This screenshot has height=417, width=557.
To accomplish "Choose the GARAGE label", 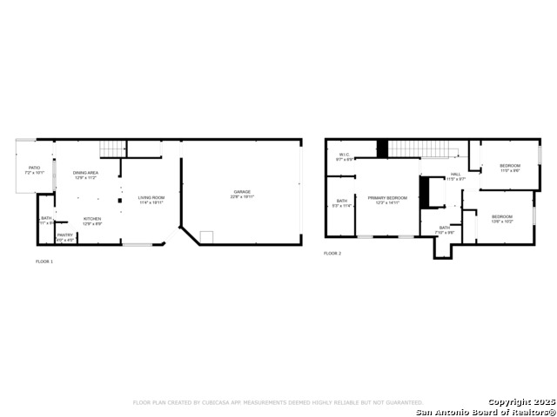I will click(x=241, y=194).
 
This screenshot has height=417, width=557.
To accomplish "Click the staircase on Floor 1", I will click(x=112, y=149).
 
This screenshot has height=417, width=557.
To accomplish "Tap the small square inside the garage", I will click(x=207, y=235).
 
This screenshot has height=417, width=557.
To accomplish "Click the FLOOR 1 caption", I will click(x=44, y=261).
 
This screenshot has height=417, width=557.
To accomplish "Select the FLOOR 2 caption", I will click(x=332, y=254).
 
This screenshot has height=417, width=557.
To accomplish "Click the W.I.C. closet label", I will click(x=345, y=157).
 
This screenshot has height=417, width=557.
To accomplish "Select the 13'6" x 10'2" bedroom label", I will click(x=502, y=218).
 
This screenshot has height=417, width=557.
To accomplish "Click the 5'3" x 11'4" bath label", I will click(x=342, y=203).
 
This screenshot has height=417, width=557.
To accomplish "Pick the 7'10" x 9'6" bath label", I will click(x=444, y=229).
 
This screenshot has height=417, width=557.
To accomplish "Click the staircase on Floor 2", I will click(x=422, y=149).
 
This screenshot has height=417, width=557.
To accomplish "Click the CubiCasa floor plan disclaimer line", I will click(x=278, y=402).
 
